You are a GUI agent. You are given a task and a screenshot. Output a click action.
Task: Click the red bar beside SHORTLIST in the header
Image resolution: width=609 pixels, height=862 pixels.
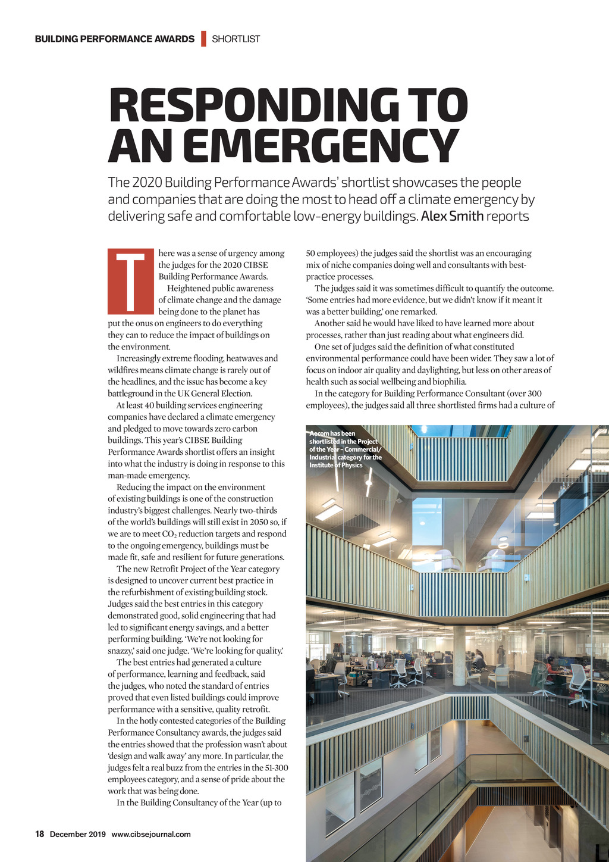203,39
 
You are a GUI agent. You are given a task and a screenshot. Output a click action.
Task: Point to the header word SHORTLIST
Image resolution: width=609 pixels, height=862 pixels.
236,39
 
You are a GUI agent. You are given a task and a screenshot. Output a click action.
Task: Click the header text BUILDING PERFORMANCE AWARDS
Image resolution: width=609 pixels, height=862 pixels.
115,39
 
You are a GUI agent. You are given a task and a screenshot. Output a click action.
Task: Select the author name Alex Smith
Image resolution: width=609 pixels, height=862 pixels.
452,216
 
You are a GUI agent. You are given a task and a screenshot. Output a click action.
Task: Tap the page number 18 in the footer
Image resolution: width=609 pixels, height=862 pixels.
40,834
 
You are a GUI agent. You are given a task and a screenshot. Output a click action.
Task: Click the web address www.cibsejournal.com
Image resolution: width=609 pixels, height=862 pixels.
151,834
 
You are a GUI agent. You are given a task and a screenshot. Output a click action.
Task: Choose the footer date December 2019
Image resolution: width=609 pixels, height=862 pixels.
77,834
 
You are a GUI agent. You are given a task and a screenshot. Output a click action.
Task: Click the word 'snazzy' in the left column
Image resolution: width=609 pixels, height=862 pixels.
121,651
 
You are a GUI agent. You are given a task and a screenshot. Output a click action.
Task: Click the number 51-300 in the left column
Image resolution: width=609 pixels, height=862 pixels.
275,767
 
